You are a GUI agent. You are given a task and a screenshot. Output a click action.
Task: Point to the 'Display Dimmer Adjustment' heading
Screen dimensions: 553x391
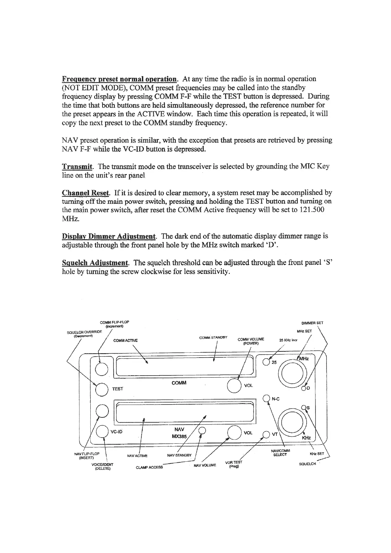point(109,236)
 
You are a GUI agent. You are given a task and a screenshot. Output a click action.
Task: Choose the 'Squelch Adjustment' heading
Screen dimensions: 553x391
point(95,263)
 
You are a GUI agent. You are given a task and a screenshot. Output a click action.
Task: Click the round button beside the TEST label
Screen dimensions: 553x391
point(101,389)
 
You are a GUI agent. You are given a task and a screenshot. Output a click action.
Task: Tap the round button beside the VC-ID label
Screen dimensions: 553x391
point(102,432)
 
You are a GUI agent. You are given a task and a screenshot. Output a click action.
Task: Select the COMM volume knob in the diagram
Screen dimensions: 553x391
point(234,386)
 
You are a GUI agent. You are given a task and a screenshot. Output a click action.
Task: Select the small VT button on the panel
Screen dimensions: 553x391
point(266,434)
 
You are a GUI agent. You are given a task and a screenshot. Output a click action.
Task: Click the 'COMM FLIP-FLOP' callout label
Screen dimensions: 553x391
point(112,322)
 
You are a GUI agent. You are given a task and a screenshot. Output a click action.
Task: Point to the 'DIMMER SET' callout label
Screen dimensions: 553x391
point(312,323)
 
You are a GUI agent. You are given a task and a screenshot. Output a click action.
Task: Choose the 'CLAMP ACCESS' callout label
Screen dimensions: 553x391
point(149,467)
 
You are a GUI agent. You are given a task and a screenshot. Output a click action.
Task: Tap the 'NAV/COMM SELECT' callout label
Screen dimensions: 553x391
point(280,453)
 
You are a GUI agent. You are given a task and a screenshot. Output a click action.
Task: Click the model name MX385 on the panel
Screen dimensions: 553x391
point(179,437)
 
